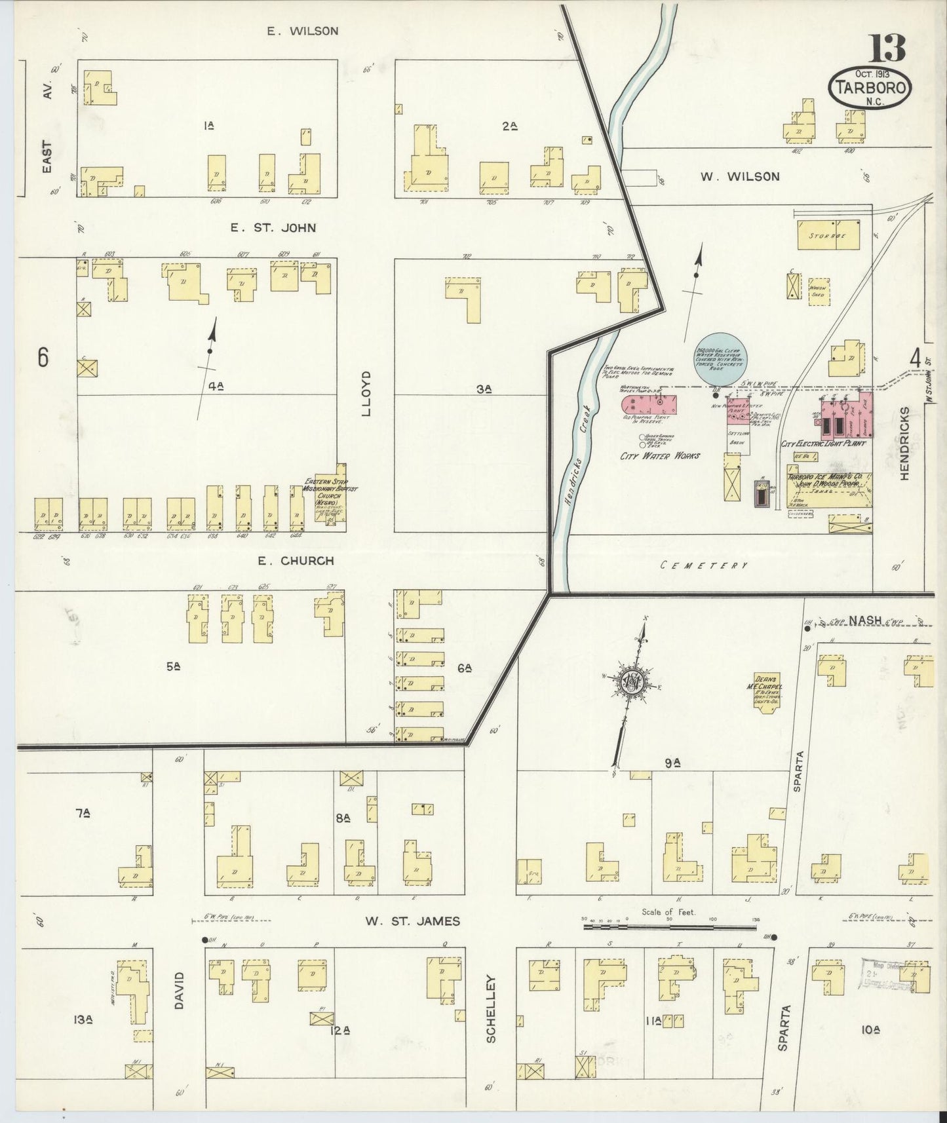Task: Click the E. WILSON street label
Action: (302, 31)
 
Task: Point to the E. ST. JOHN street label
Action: (273, 228)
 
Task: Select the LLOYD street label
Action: (366, 394)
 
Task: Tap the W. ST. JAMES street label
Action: (412, 921)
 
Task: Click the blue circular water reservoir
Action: (718, 362)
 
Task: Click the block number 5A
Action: (173, 667)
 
